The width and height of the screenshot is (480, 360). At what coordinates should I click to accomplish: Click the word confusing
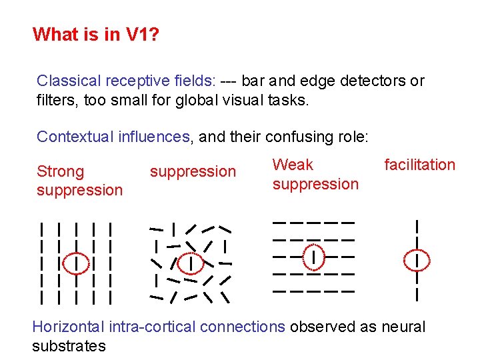[x=296, y=137]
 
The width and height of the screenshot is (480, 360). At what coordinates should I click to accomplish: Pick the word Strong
[x=61, y=171]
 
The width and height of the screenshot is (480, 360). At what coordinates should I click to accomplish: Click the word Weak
[x=293, y=165]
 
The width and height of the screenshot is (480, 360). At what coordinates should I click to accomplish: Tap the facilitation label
[x=419, y=165]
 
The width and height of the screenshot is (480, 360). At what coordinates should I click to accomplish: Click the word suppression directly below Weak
[x=315, y=184]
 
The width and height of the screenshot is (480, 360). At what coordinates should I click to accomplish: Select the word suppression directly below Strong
[x=79, y=190]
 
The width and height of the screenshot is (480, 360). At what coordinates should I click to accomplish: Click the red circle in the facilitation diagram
[x=417, y=258]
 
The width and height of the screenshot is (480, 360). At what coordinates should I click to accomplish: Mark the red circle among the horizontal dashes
[x=313, y=256]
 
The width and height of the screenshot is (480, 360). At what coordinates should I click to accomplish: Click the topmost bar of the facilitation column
[x=417, y=227]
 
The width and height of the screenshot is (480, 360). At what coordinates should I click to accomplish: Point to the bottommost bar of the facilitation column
[x=417, y=293]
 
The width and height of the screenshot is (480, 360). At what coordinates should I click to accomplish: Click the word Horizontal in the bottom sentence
[x=68, y=327]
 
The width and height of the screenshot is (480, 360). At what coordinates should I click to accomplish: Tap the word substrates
[x=69, y=346]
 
